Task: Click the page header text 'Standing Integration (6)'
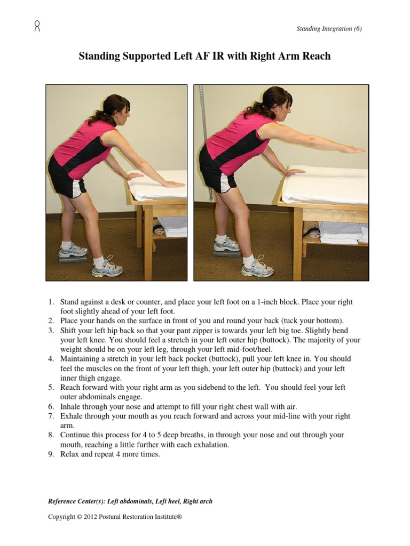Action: [x=329, y=29]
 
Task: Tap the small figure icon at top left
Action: [x=37, y=26]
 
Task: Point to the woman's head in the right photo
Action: [x=274, y=103]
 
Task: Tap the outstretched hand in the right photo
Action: [x=353, y=150]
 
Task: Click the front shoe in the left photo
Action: [x=107, y=269]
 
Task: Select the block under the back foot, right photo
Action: [x=226, y=254]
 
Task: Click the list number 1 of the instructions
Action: [x=51, y=302]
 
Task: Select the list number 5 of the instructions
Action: [x=51, y=388]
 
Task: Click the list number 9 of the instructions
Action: [x=51, y=454]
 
